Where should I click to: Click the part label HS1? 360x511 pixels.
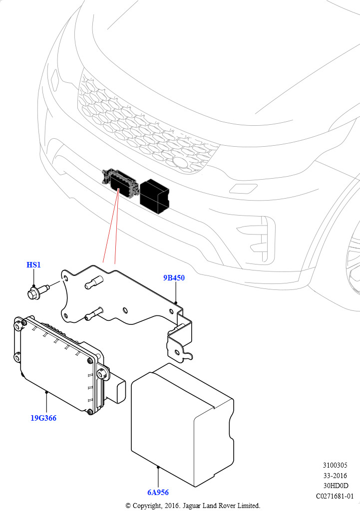(33, 265)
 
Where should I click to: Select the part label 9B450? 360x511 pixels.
(174, 278)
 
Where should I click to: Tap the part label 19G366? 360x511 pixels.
(43, 418)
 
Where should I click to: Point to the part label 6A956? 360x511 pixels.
(157, 493)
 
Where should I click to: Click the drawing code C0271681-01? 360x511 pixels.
(335, 496)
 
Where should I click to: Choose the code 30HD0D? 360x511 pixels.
(335, 486)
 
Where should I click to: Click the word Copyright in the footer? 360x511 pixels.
(146, 506)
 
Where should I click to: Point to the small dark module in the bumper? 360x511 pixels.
(120, 184)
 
